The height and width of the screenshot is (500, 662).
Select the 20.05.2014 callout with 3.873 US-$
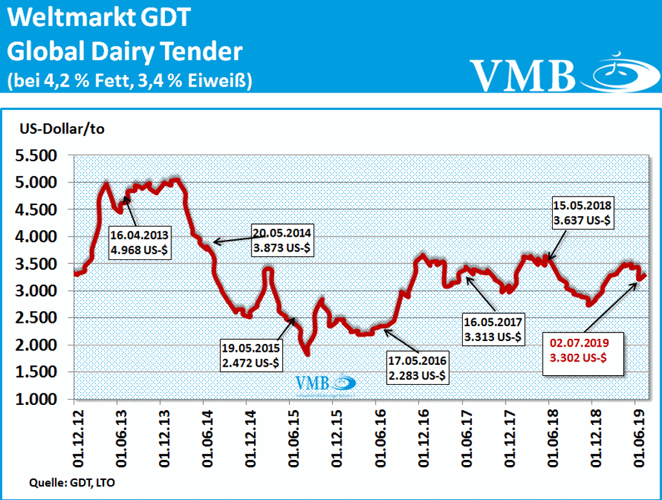[x=282, y=240]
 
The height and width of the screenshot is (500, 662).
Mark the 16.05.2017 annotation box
[x=493, y=329]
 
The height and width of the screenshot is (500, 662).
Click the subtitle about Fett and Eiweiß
[x=129, y=80]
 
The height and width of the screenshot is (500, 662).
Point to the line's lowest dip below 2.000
[x=307, y=353]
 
